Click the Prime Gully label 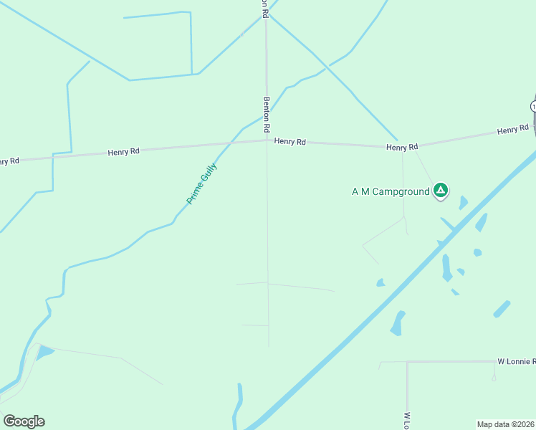click(x=201, y=184)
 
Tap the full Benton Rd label click(x=267, y=114)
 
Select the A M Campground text click(x=390, y=191)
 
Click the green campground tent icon click(x=441, y=191)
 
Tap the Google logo click(x=24, y=421)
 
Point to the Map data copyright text click(x=506, y=424)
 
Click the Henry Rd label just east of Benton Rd click(x=289, y=142)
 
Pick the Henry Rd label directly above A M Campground click(x=402, y=147)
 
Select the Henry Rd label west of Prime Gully click(x=123, y=152)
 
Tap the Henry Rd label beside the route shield click(x=512, y=130)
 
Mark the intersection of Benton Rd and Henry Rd click(x=267, y=140)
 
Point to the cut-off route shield click(x=533, y=106)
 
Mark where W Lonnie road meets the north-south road click(x=407, y=362)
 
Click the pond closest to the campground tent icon click(x=463, y=203)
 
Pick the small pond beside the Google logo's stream click(x=44, y=352)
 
